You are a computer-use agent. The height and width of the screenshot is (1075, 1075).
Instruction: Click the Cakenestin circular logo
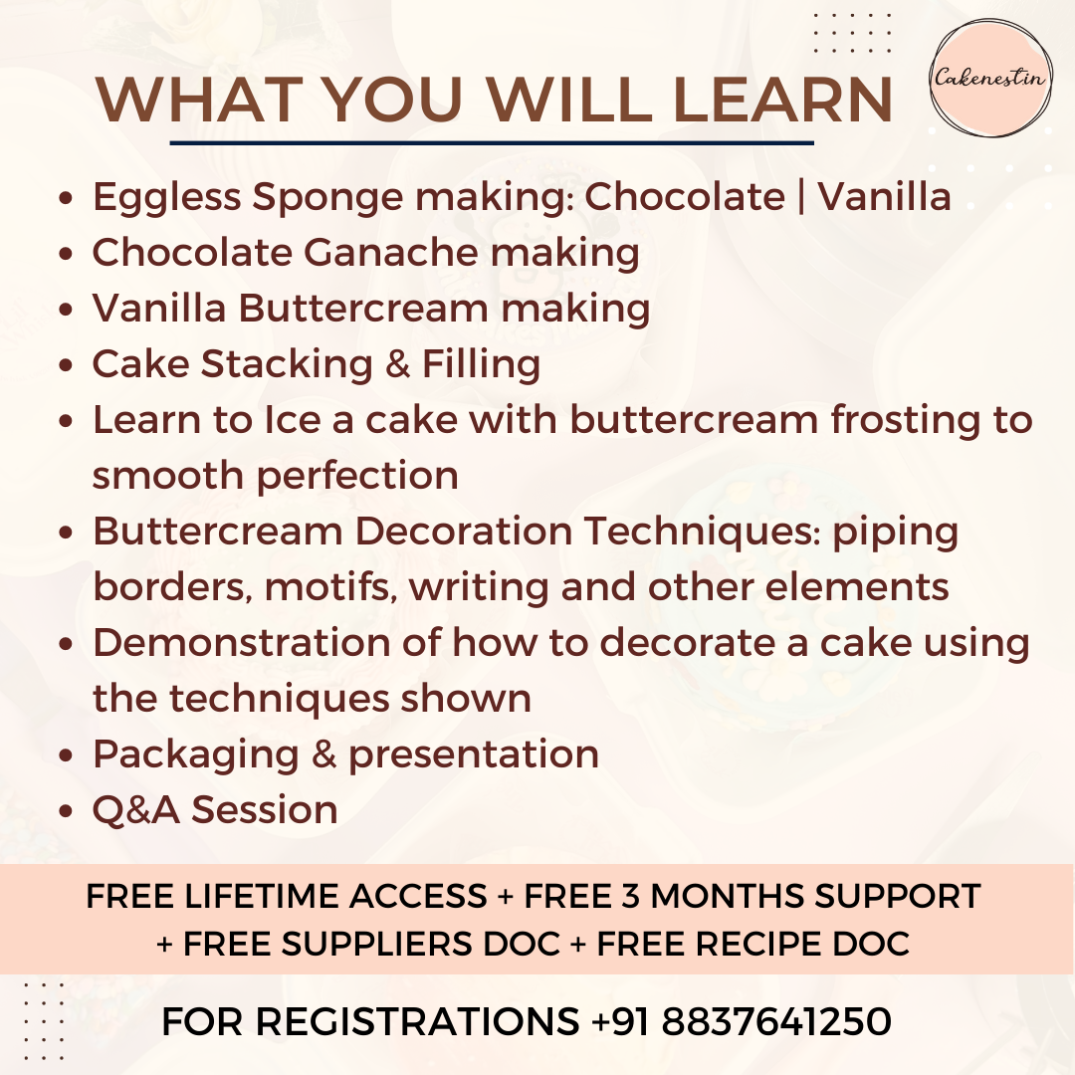(990, 78)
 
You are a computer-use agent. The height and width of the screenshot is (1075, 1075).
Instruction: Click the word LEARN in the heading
(783, 101)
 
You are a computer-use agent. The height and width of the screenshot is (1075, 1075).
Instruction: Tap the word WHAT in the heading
(199, 101)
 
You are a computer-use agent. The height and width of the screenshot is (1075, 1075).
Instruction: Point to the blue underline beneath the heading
(492, 142)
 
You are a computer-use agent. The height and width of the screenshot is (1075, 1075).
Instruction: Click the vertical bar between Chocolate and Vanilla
(800, 197)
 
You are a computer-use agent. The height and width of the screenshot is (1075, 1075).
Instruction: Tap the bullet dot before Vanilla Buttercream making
(66, 310)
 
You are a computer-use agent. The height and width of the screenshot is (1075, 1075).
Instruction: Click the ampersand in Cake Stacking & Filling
(397, 363)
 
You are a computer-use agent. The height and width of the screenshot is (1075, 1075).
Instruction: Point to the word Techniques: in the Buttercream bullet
(703, 532)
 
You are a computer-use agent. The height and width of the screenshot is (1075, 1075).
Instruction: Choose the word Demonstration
(241, 643)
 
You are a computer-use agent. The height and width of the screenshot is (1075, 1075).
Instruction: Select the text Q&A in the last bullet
(135, 810)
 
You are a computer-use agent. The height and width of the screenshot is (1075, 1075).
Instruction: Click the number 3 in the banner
(630, 896)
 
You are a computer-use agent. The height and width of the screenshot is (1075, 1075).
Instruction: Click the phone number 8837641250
(776, 1021)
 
